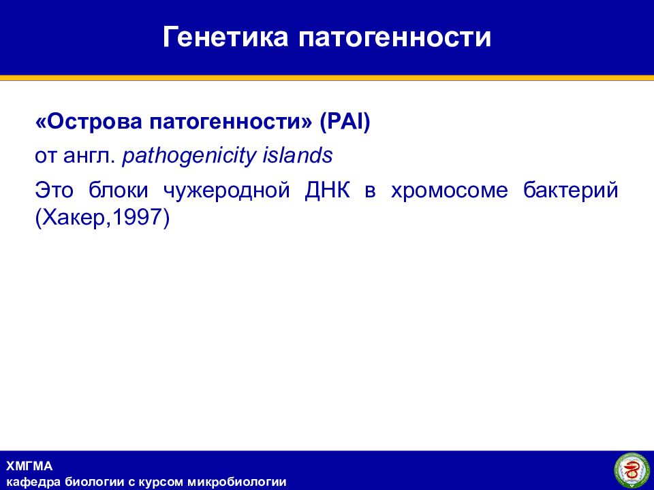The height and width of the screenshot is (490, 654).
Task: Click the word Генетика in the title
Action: click(x=225, y=36)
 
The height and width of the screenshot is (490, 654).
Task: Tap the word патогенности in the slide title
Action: click(x=394, y=36)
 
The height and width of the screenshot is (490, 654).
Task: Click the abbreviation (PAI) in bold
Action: click(x=345, y=122)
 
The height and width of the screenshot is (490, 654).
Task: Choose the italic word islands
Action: click(x=298, y=156)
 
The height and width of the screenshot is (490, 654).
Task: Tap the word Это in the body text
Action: click(x=54, y=190)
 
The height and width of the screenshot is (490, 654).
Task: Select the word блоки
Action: click(x=119, y=190)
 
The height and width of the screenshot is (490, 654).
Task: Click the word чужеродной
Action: click(x=226, y=191)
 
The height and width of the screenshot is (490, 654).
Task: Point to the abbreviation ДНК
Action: click(x=328, y=191)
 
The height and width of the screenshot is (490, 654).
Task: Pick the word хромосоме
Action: click(x=450, y=191)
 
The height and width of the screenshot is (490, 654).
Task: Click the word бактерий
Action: click(x=571, y=191)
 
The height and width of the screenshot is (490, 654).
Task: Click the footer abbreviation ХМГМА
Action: click(x=29, y=465)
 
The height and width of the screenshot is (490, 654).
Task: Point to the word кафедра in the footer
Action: click(x=34, y=483)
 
